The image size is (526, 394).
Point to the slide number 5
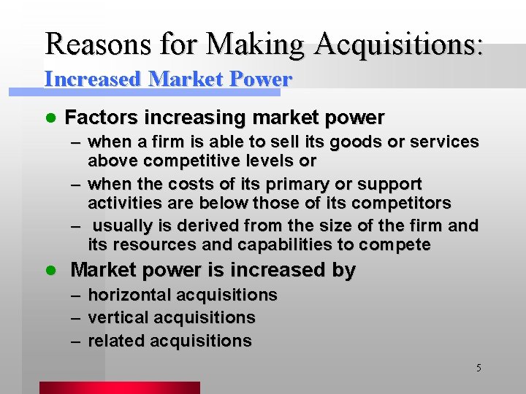click(479, 368)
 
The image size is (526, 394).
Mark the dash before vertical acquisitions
click(76, 318)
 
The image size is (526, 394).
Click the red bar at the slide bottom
click(119, 387)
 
